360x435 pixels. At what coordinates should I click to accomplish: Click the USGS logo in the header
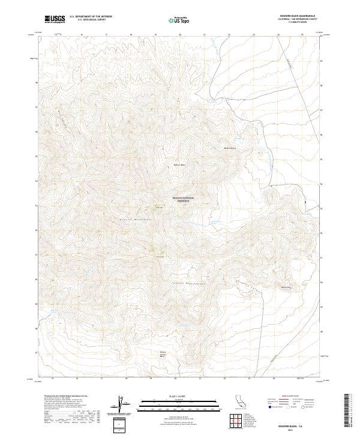click(55, 19)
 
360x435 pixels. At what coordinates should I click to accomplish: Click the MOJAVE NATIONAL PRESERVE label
click(184, 199)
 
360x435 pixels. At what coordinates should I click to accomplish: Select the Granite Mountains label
click(136, 221)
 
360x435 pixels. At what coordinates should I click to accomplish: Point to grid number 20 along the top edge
click(180, 35)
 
